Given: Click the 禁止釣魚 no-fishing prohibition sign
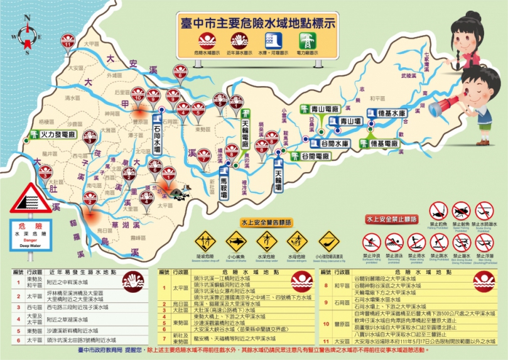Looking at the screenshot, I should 438,210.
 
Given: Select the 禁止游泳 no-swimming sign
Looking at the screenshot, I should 394,243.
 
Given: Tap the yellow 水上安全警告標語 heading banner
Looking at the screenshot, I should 266,222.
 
